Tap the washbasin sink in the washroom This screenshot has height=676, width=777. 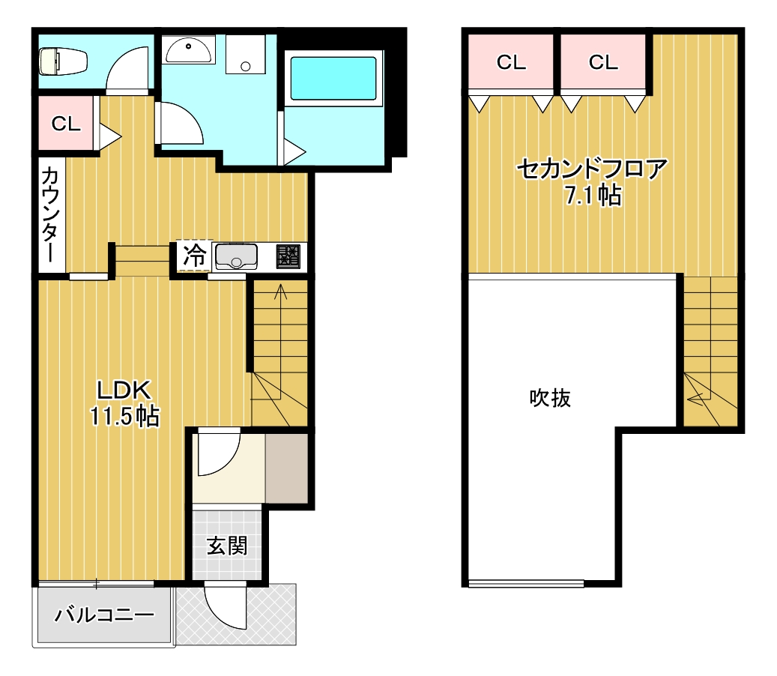[189, 51]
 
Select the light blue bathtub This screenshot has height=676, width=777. [333, 78]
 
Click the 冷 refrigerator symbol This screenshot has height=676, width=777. [194, 256]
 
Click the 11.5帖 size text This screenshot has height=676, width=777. [124, 416]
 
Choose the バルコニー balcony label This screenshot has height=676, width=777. [105, 617]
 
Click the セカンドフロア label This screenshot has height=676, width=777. [591, 169]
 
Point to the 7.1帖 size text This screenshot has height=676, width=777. [592, 196]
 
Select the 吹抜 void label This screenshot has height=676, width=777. [551, 398]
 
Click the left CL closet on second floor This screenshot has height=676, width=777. [511, 63]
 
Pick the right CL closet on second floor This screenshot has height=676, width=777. [603, 63]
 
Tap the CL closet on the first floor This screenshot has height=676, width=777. [65, 124]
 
